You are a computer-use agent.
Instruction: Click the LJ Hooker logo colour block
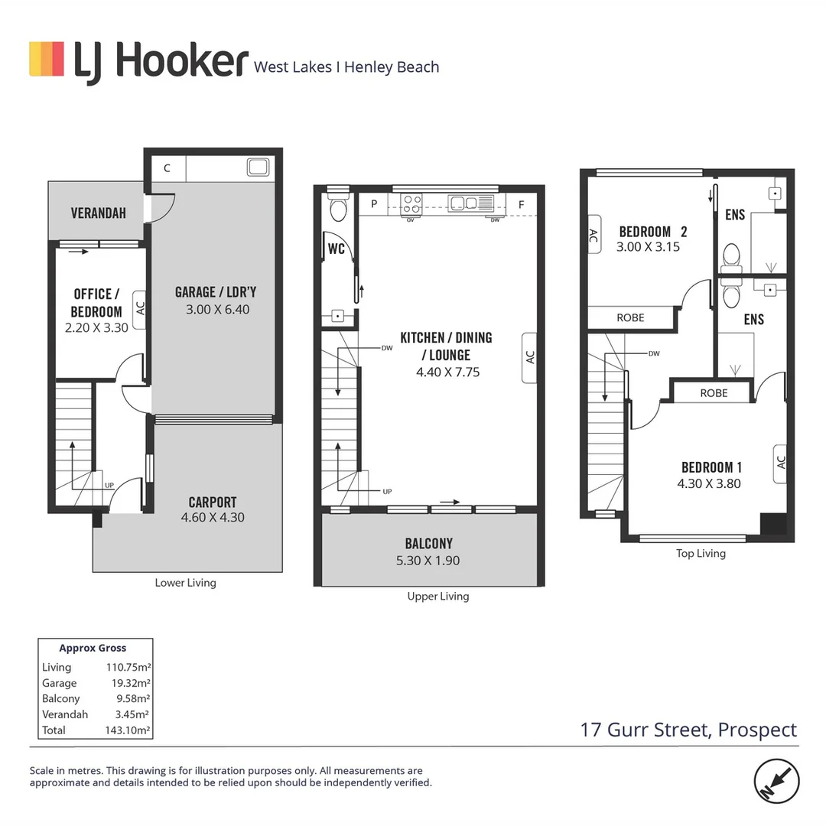click(47, 59)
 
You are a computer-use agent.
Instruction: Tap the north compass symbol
click(777, 781)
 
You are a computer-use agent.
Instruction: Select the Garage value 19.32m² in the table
click(128, 683)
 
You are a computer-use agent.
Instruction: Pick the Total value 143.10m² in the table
click(128, 730)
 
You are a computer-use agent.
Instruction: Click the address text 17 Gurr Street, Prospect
click(688, 730)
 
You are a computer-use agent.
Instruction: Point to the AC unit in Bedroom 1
click(780, 463)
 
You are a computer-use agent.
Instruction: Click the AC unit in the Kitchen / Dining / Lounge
click(529, 357)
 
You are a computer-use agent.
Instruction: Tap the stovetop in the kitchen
click(411, 203)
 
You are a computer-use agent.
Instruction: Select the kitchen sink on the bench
click(463, 203)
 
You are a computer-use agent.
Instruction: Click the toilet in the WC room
click(337, 209)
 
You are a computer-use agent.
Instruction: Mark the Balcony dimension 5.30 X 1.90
click(429, 560)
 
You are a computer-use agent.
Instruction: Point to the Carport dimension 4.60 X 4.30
click(213, 518)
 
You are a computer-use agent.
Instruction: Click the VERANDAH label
click(98, 213)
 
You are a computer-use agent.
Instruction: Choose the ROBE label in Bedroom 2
click(630, 317)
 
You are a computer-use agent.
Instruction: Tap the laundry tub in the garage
click(256, 167)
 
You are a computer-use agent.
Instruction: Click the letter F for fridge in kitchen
click(521, 204)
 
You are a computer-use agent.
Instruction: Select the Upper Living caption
click(438, 596)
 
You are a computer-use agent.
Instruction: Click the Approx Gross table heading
click(93, 648)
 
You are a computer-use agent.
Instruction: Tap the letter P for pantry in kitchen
click(374, 204)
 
